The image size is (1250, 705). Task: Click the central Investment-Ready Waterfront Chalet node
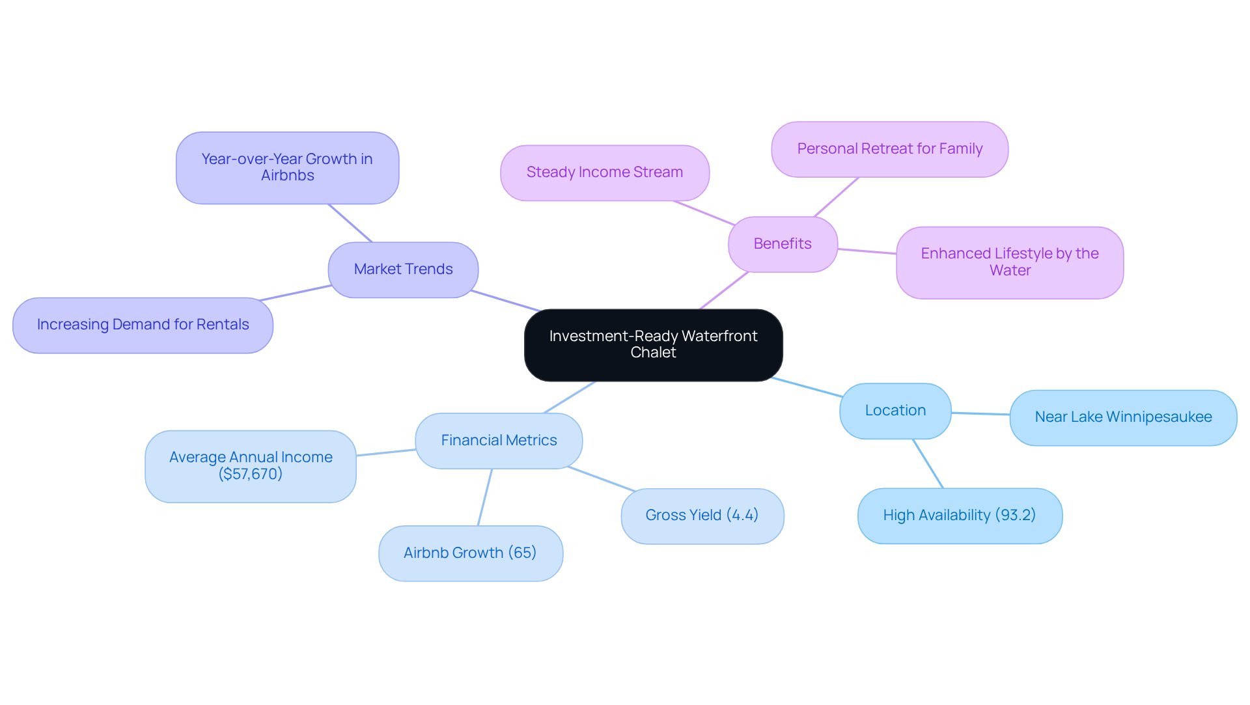pyautogui.click(x=653, y=344)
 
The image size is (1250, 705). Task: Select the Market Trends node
pyautogui.click(x=403, y=270)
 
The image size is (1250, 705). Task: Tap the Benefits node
pyautogui.click(x=783, y=244)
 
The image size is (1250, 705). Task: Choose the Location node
pyautogui.click(x=895, y=411)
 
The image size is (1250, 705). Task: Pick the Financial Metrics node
pyautogui.click(x=499, y=441)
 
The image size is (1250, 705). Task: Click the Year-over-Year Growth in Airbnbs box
pyautogui.click(x=287, y=168)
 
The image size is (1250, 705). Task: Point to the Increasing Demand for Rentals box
pyautogui.click(x=143, y=325)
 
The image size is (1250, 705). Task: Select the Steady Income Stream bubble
pyautogui.click(x=604, y=173)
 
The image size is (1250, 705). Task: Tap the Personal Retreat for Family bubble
pyautogui.click(x=889, y=149)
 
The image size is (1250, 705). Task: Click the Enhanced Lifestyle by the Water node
pyautogui.click(x=1009, y=262)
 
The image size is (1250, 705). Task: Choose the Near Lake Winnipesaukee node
pyautogui.click(x=1123, y=417)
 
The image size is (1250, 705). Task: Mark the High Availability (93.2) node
pyautogui.click(x=959, y=516)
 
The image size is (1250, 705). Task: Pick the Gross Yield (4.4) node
pyautogui.click(x=702, y=516)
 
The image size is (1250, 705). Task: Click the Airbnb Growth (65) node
pyautogui.click(x=470, y=553)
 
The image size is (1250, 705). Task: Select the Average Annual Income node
pyautogui.click(x=251, y=458)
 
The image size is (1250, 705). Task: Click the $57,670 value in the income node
pyautogui.click(x=251, y=475)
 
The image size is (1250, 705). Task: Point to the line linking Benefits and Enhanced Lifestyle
pyautogui.click(x=867, y=251)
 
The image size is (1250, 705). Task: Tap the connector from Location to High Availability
pyautogui.click(x=928, y=463)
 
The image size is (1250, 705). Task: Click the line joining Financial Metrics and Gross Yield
pyautogui.click(x=601, y=478)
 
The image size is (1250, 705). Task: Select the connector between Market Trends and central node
pyautogui.click(x=505, y=301)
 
